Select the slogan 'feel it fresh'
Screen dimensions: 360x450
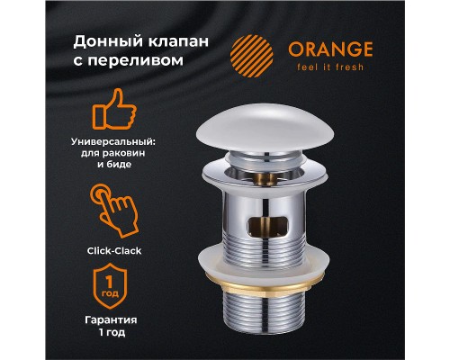pos(331,67)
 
